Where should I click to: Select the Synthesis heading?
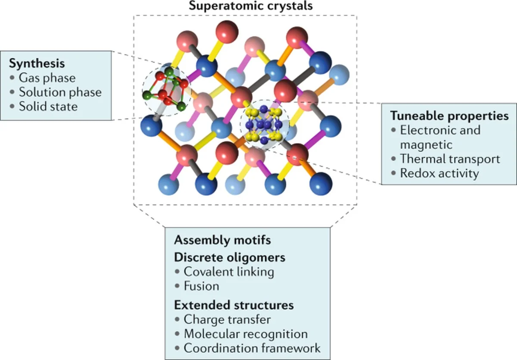pos(37,63)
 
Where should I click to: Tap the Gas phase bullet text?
pos(47,78)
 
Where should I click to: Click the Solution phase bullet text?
pos(60,92)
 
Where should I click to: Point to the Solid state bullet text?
pos(48,106)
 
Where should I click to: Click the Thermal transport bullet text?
pos(450,159)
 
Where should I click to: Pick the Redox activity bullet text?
pos(439,173)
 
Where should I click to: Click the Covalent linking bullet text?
pos(229,272)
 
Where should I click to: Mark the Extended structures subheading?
pos(234,305)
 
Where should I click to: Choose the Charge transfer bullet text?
pos(227,319)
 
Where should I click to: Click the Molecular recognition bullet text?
pos(246,334)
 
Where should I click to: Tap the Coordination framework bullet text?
pos(252,348)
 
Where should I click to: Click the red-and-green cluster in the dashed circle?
pos(165,89)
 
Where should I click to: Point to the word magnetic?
pos(427,144)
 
